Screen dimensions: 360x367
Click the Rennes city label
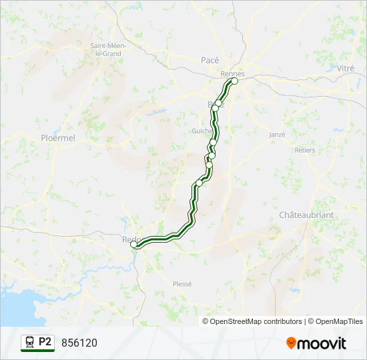point(232,73)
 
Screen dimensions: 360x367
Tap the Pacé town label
point(210,60)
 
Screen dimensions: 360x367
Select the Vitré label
point(346,68)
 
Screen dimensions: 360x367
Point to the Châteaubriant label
point(306,215)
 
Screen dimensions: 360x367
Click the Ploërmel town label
point(58,137)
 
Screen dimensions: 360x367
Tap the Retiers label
point(304,150)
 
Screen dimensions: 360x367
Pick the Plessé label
point(181,283)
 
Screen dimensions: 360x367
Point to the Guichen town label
point(202,131)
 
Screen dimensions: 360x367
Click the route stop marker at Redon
point(133,245)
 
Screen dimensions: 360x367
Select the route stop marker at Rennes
point(234,81)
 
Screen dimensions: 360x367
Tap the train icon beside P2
point(29,342)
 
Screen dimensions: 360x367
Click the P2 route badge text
point(45,342)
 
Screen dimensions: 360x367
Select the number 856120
point(79,343)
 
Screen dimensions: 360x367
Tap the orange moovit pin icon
point(291,343)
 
